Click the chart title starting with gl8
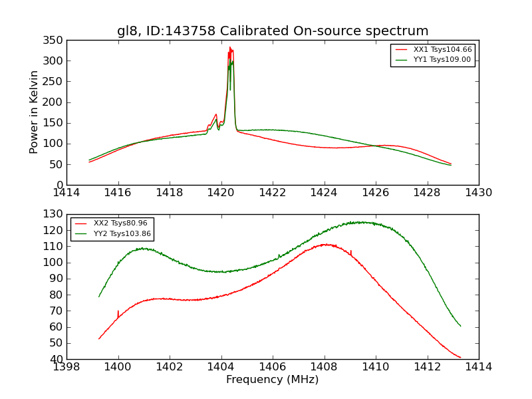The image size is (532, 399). pos(273,31)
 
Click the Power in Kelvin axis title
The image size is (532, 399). pos(35,112)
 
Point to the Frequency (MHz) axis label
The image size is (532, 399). pos(273,380)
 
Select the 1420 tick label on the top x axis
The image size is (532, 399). pos(221,193)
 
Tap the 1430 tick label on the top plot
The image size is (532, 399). pos(478,193)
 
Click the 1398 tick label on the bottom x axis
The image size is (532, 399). pos(66,367)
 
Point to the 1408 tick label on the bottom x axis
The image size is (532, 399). pos(324,367)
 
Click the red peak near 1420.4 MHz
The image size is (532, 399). pos(230,48)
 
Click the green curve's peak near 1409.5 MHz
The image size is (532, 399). pos(359,222)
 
